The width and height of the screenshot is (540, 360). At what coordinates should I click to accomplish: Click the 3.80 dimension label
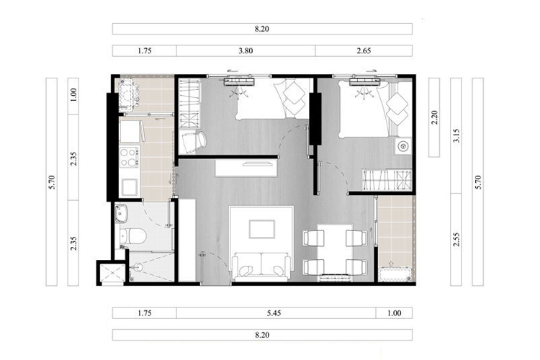point(246,51)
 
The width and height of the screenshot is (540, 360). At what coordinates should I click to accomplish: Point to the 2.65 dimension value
point(364,51)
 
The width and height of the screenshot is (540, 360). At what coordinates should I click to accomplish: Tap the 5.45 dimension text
point(274,313)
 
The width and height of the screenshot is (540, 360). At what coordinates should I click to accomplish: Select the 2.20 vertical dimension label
point(434,117)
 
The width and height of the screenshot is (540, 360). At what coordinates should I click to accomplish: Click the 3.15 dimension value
point(456,136)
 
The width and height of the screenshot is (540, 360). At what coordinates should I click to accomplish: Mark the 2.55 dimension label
point(456,240)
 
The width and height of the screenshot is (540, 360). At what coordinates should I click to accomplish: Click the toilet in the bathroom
point(133,236)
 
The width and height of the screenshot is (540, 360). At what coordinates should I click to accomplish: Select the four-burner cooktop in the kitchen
point(129,157)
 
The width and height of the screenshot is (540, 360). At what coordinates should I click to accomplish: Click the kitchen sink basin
point(130,187)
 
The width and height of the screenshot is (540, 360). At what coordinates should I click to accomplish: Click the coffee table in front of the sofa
point(262,229)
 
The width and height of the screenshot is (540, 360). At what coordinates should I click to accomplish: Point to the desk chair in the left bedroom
point(193,142)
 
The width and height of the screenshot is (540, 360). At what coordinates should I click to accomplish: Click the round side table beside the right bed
point(402,147)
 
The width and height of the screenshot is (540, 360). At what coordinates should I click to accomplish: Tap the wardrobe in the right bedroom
point(387,179)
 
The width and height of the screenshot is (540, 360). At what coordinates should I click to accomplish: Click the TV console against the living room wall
point(246,168)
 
